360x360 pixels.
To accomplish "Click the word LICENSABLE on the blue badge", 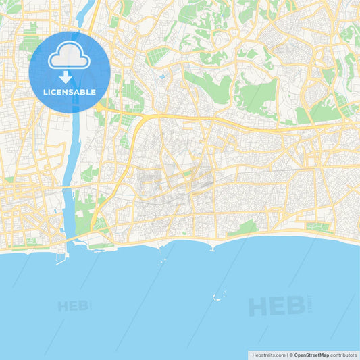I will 70,91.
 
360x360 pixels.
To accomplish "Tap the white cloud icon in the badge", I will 70,55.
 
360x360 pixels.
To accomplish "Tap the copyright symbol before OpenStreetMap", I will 292,355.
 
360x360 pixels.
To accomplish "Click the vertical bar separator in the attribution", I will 286,355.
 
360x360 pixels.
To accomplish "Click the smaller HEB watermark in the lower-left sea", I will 74,306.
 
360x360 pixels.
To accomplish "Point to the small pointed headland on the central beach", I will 213,249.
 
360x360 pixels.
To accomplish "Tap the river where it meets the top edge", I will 86,3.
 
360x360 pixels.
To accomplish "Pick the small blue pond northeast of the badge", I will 161,76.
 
